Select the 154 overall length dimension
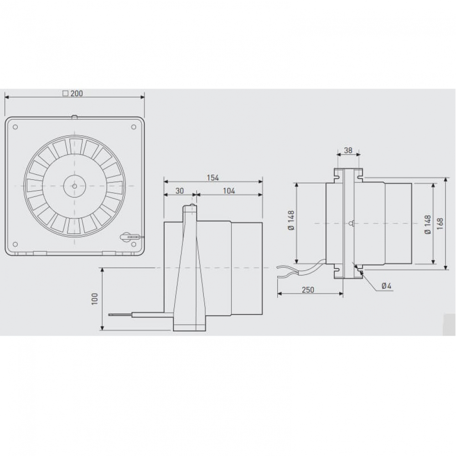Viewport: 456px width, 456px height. coord(213,177)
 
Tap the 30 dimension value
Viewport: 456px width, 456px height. coord(180,191)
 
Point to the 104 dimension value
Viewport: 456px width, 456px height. coord(229,191)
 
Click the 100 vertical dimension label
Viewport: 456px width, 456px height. coord(95,299)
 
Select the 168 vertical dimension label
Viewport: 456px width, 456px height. coord(440,223)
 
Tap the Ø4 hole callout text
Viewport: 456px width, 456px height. coord(386,286)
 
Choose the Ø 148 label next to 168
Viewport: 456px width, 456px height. coord(427,223)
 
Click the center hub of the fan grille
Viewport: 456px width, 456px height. coord(74,186)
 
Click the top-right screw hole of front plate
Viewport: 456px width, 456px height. coord(134,127)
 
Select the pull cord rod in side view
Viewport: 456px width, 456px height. coord(137,314)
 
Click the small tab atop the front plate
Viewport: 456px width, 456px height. coord(74,117)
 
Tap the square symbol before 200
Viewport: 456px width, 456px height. coord(65,93)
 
